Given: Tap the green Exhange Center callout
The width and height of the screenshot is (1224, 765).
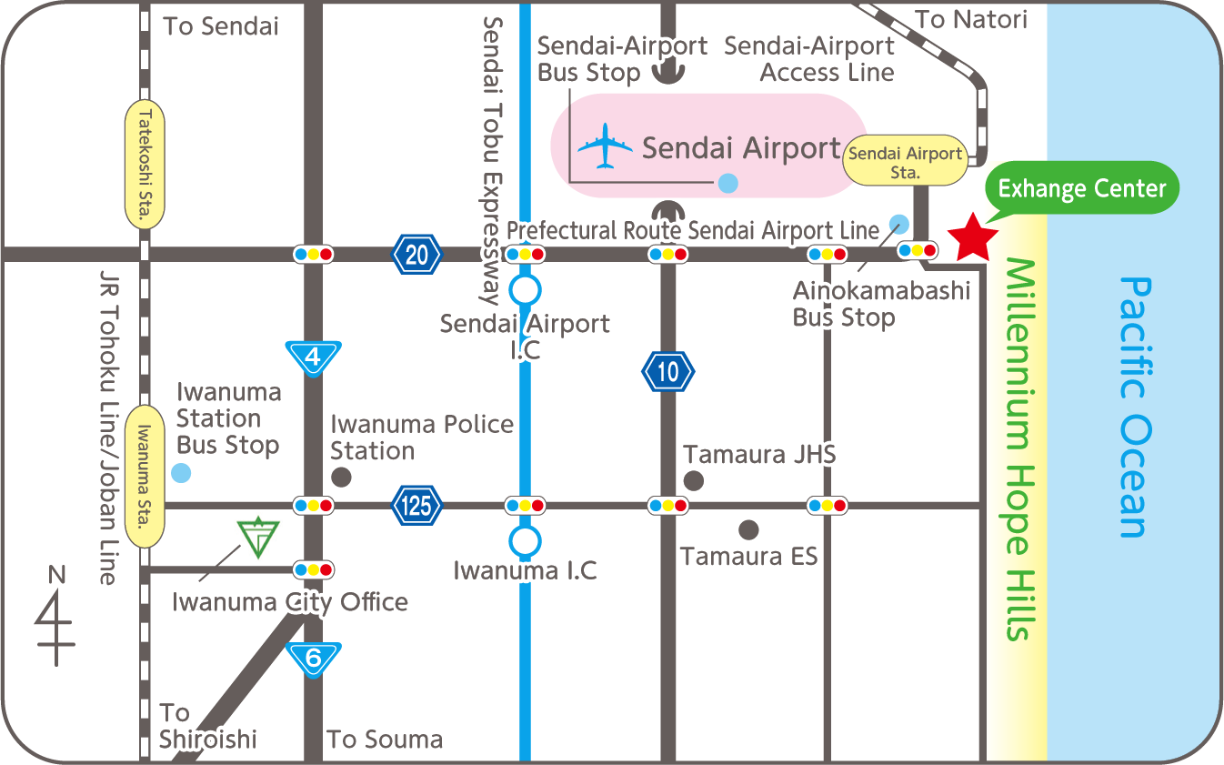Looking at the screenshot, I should pos(1081,188).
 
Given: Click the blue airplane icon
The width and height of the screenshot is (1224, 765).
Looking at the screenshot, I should pos(605,147).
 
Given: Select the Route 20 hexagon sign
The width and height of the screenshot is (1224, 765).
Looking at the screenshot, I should pos(416,255).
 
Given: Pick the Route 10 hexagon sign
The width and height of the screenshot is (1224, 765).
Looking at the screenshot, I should pos(668,371).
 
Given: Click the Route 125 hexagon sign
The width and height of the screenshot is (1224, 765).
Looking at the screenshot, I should pos(416,505).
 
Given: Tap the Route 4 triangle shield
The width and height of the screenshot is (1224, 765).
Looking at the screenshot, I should pos(313,357).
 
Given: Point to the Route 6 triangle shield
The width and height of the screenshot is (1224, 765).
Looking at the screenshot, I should pos(314,658).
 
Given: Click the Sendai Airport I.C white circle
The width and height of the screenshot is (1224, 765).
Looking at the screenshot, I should pos(525,290).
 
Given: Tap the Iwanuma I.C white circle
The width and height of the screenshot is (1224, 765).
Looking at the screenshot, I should pos(525,541).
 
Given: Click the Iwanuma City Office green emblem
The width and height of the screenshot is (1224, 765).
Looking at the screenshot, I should pos(257,537).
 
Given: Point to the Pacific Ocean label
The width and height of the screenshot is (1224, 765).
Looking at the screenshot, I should pos(1134,407).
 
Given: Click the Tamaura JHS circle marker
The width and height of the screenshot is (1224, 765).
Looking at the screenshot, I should pos(694,480).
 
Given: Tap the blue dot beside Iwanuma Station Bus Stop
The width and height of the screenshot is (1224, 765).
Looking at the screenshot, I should pos(181,473).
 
